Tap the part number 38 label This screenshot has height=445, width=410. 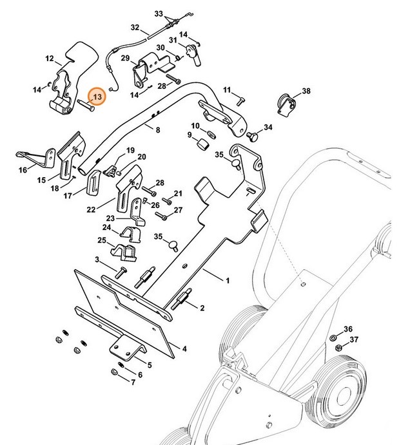(x=306, y=91)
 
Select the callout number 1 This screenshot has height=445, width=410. (x=227, y=281)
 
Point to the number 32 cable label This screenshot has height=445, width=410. (x=135, y=28)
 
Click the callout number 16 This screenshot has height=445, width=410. (x=23, y=171)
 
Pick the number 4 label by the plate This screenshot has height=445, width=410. (x=184, y=349)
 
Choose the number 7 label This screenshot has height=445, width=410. (x=133, y=383)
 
